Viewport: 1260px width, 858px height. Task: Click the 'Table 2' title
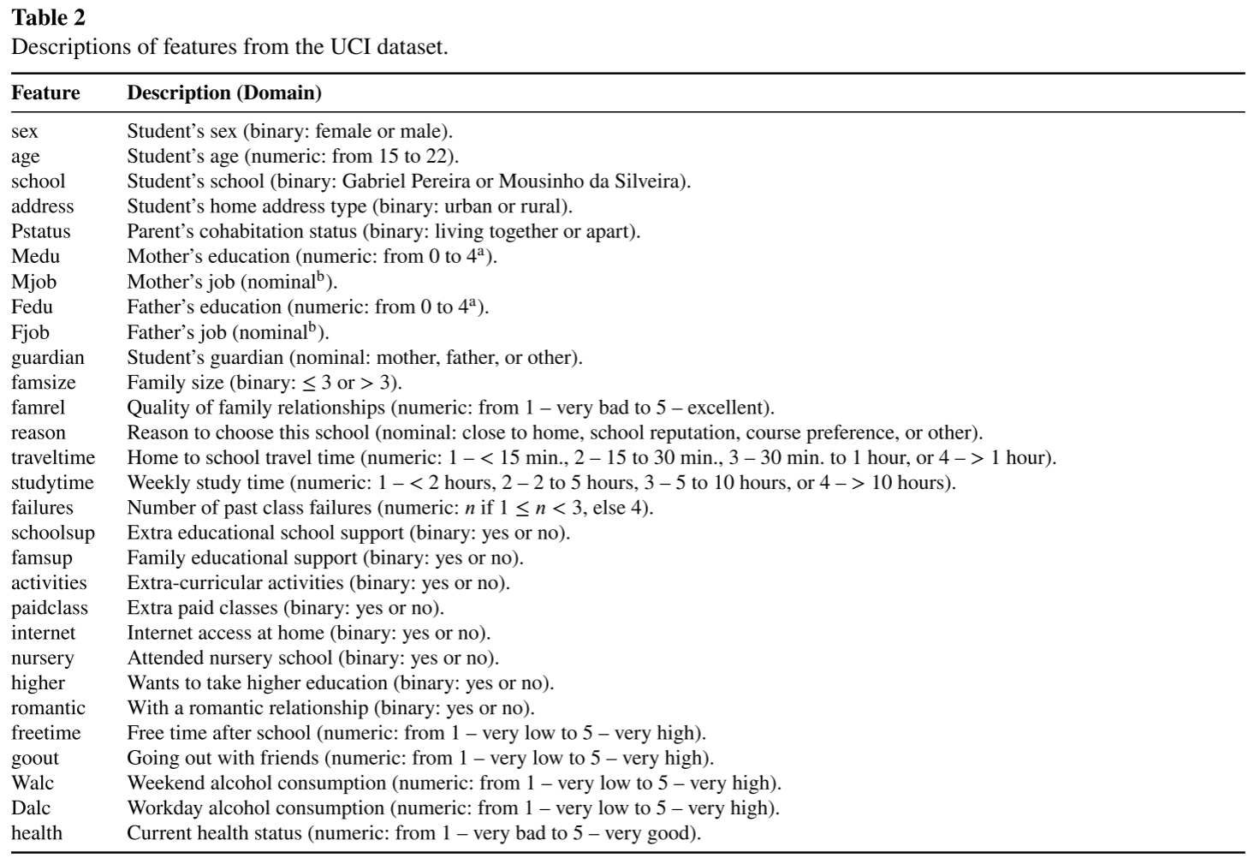pyautogui.click(x=48, y=17)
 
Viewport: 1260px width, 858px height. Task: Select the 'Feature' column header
pyautogui.click(x=45, y=92)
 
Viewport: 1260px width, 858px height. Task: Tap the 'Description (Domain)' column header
pyautogui.click(x=224, y=92)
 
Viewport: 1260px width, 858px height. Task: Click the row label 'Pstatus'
pyautogui.click(x=41, y=231)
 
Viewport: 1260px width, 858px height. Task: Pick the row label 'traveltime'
pyautogui.click(x=53, y=457)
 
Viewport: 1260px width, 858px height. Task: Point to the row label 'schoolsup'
pyautogui.click(x=53, y=533)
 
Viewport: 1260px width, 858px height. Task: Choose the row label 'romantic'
pyautogui.click(x=48, y=708)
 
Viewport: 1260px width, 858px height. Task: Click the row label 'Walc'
pyautogui.click(x=33, y=783)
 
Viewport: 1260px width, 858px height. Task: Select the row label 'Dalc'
pyautogui.click(x=31, y=807)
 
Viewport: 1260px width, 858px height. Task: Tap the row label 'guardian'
pyautogui.click(x=48, y=357)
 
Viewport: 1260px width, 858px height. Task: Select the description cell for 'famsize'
pyautogui.click(x=264, y=382)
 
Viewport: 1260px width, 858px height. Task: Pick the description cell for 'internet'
pyautogui.click(x=308, y=633)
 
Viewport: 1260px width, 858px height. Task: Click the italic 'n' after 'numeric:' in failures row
pyautogui.click(x=470, y=508)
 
